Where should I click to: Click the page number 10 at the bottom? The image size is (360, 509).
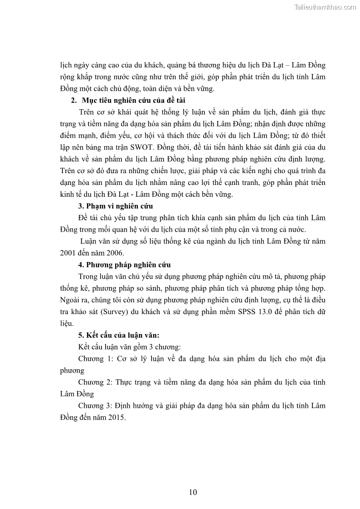click(x=193, y=492)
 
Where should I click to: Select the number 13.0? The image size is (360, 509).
click(x=268, y=312)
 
